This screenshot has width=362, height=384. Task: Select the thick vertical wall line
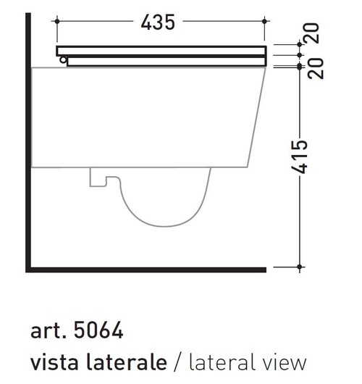coord(28,145)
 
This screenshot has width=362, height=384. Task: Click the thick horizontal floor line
coord(145,270)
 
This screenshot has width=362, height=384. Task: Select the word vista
coord(52,362)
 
